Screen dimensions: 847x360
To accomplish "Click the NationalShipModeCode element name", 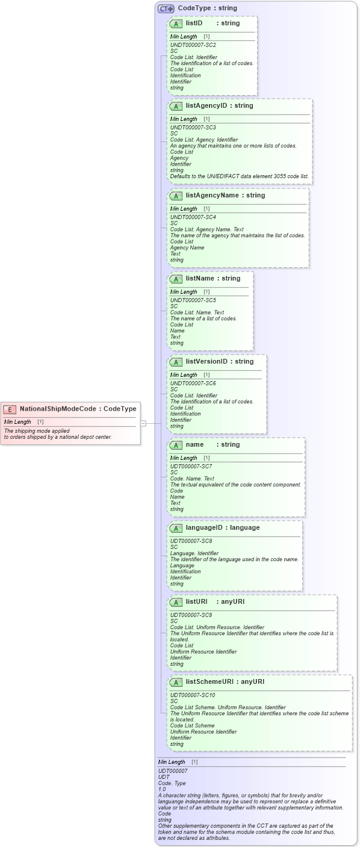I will pos(58,409).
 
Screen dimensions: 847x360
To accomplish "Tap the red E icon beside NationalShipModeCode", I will pos(10,409).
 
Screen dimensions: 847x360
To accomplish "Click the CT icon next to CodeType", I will pos(166,8).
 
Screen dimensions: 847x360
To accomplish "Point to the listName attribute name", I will pos(201,279).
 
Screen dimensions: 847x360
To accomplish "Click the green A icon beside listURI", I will pos(176,602).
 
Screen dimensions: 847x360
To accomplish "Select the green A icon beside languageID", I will pos(176,528).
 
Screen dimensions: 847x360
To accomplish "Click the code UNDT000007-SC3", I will pos(193,128).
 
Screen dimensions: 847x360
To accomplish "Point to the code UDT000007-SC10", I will pos(192,695).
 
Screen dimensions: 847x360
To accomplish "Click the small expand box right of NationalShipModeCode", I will pos(143,423).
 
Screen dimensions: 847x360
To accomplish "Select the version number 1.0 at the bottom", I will pos(161,789).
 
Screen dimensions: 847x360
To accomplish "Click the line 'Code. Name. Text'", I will pos(191,479).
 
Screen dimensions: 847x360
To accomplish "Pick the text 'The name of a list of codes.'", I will pos(203,318).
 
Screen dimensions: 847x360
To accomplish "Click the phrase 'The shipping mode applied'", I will pos(36,430).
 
